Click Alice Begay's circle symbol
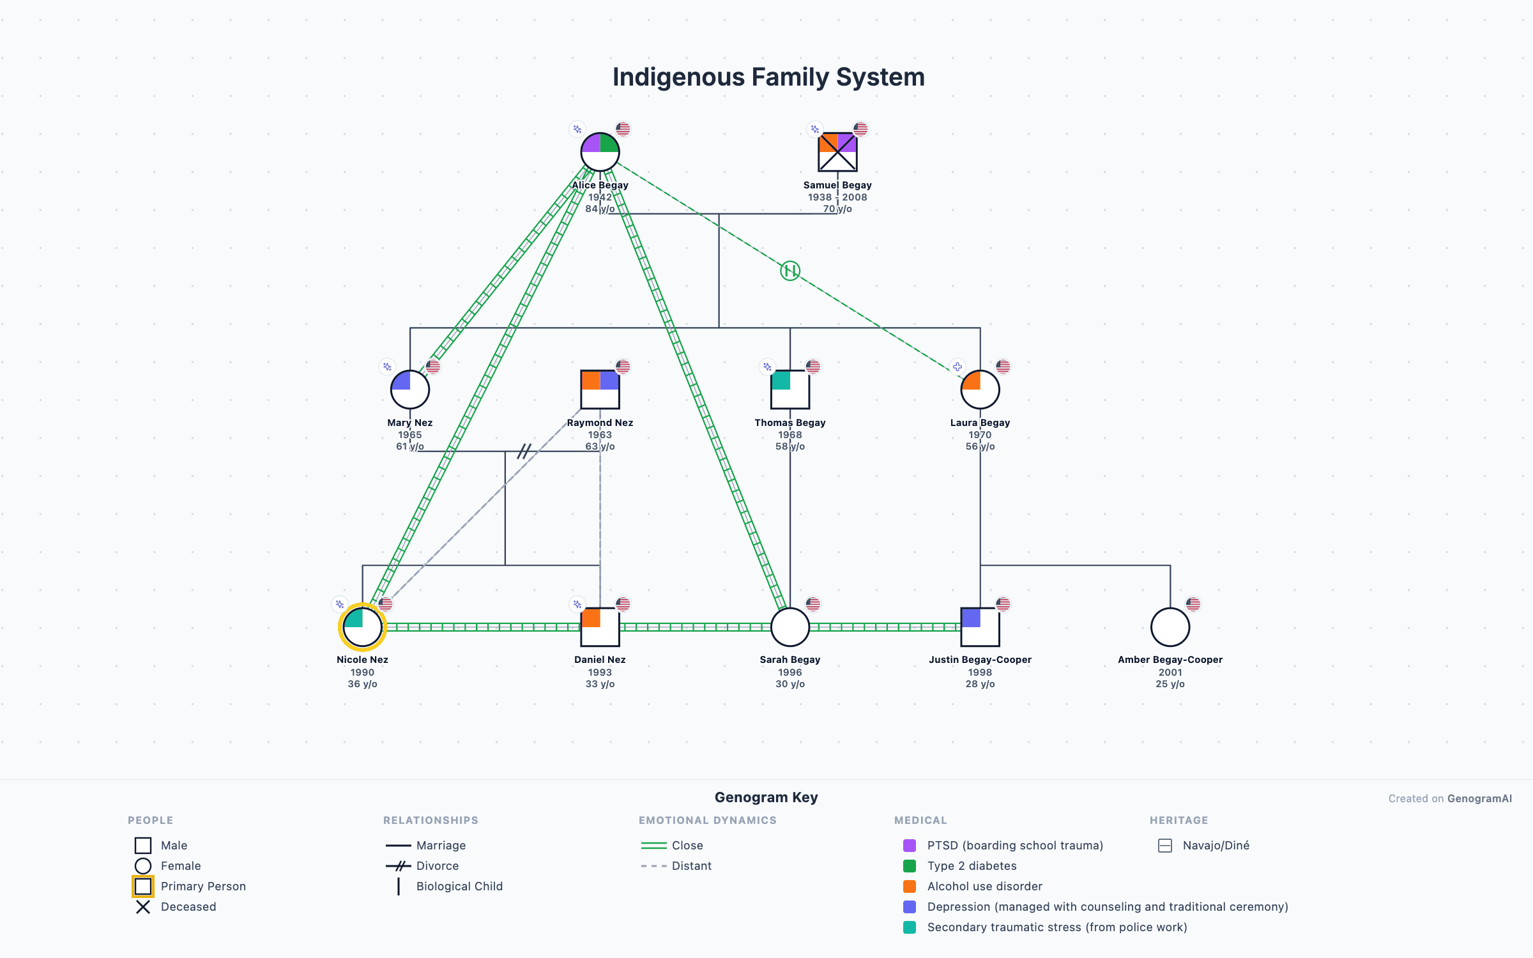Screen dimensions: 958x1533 600,152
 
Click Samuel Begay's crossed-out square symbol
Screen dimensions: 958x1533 837,152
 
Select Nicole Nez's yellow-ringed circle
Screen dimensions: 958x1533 362,627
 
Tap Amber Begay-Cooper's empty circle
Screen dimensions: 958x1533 1170,627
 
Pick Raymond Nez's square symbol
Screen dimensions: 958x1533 600,390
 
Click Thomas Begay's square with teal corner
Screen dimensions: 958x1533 790,390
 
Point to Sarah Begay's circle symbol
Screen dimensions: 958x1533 790,627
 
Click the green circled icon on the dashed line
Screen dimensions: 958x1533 790,271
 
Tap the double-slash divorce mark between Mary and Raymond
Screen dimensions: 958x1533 524,452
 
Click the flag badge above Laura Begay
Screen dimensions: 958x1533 1003,367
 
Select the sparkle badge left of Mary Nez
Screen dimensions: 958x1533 387,367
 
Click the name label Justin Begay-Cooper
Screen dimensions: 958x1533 980,660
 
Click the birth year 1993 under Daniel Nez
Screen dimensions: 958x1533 600,672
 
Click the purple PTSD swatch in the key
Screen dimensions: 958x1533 910,846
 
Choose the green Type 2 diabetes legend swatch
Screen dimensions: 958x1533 910,866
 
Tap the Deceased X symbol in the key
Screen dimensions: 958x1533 143,907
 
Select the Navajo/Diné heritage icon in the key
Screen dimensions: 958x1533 1165,846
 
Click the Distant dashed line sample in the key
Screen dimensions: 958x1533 653,866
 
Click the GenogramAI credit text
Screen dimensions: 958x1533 1479,798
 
